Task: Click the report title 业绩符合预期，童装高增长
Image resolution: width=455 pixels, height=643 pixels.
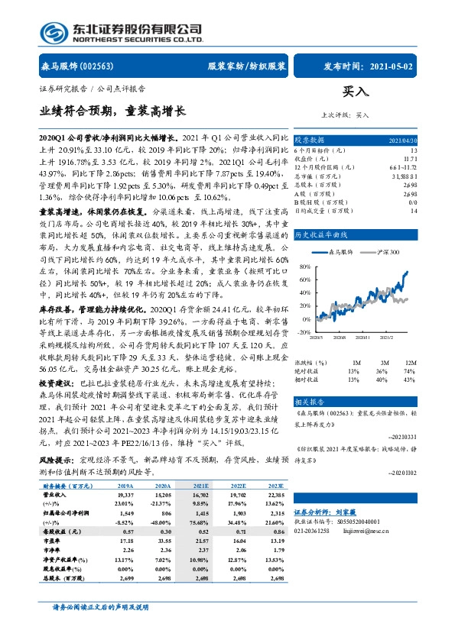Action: point(112,111)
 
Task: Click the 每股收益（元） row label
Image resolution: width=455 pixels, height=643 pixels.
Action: point(60,465)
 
